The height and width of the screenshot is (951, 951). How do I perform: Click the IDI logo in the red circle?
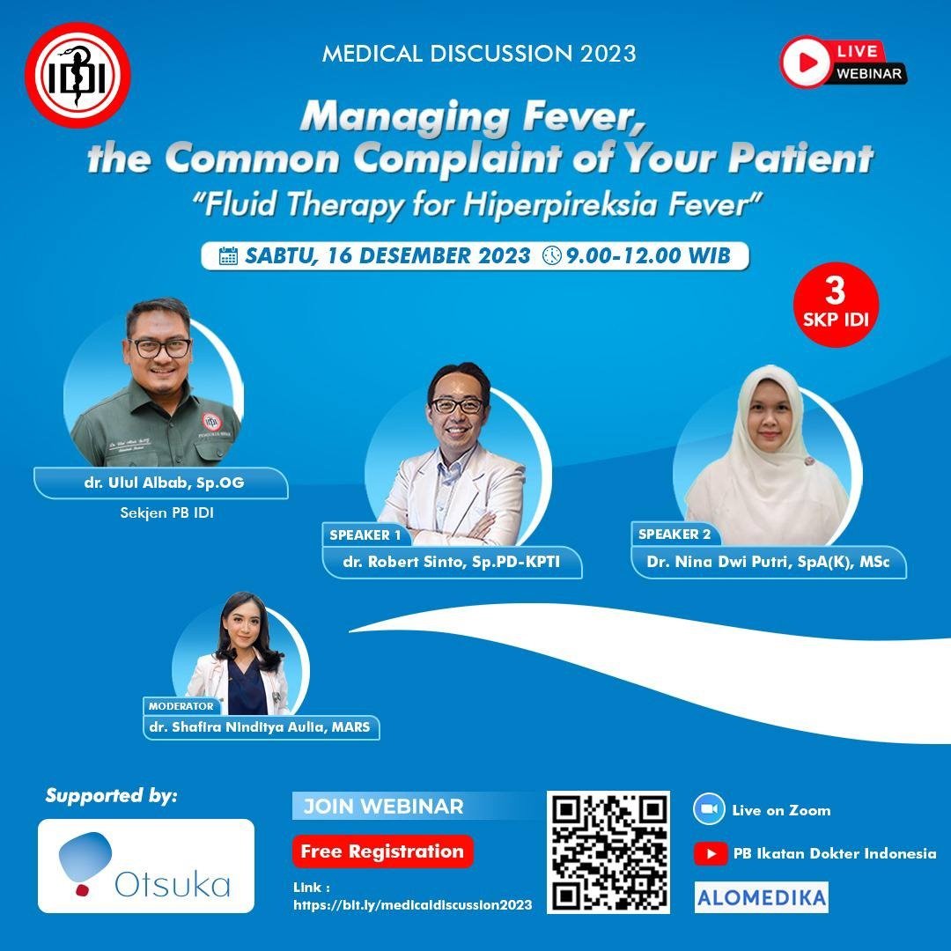(77, 75)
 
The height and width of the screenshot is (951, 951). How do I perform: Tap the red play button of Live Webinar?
(805, 62)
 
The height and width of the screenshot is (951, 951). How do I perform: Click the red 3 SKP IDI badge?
(836, 305)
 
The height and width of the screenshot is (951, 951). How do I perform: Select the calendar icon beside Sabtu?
(228, 256)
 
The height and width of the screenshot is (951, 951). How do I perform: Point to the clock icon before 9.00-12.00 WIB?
(551, 255)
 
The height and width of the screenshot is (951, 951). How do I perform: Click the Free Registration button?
(383, 851)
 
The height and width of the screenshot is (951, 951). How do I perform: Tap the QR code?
(608, 851)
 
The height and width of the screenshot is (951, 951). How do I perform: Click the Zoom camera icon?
(708, 809)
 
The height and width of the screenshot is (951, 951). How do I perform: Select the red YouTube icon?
(711, 853)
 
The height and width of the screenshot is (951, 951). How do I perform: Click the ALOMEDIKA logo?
(761, 897)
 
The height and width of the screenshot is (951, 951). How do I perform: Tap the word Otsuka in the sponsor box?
(173, 885)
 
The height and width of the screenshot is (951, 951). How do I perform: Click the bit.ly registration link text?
(412, 905)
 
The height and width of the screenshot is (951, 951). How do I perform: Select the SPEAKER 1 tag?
(365, 535)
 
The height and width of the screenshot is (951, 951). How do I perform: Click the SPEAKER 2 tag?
(675, 534)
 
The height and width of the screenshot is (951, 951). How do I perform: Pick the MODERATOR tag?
(181, 706)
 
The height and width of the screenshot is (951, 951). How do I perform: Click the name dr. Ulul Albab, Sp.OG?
(165, 483)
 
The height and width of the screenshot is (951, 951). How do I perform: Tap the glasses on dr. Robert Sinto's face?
(457, 405)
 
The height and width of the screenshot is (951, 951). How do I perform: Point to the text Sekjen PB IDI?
(166, 512)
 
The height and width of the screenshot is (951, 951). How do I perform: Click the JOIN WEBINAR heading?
(383, 806)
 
